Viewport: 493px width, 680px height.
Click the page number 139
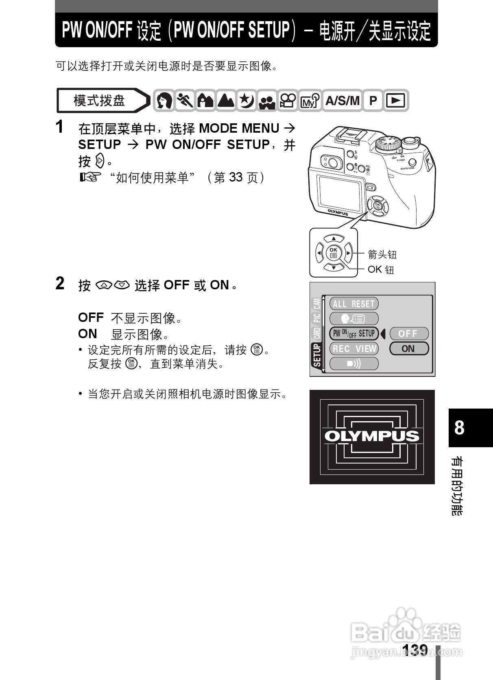click(414, 649)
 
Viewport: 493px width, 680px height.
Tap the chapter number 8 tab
click(459, 428)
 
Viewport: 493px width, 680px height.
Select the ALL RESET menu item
click(353, 304)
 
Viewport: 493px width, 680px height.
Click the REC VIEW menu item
click(354, 349)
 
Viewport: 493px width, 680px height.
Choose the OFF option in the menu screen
click(408, 334)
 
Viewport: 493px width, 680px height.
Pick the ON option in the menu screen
click(408, 349)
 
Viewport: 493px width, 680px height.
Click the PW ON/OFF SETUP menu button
click(354, 334)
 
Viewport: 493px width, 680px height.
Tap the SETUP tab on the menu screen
click(317, 355)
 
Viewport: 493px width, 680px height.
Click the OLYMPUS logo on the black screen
click(372, 436)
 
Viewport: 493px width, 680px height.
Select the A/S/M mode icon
click(342, 101)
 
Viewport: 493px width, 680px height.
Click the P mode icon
click(373, 101)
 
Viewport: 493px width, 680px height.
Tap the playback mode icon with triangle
click(395, 101)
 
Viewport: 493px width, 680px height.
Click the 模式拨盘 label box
click(100, 101)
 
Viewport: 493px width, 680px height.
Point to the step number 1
click(60, 127)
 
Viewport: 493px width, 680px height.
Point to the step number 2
click(60, 284)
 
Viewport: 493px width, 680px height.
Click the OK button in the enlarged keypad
click(334, 253)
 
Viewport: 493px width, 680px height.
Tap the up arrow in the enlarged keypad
click(334, 238)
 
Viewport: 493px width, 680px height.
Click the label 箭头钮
click(382, 255)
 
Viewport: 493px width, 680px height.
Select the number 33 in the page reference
click(236, 177)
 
